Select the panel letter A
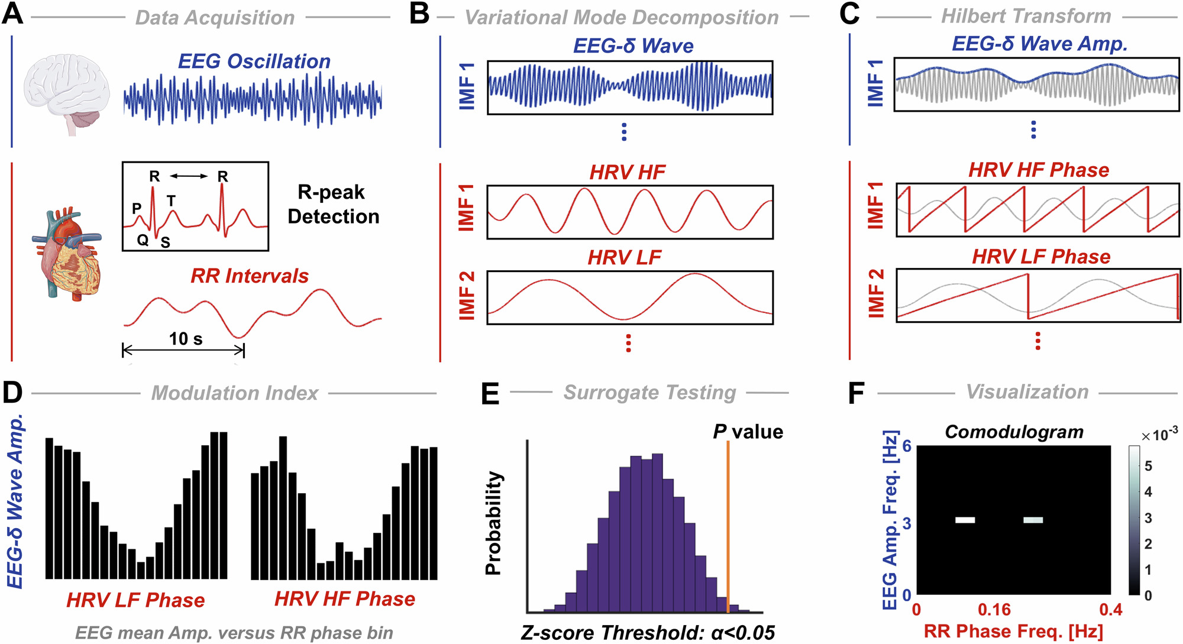point(12,14)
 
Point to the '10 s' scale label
point(185,339)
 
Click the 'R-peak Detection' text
point(333,204)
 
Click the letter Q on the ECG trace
point(143,240)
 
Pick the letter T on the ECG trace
point(171,201)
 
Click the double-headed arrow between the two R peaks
point(189,176)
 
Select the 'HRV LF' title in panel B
point(624,258)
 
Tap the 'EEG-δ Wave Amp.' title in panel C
point(1039,44)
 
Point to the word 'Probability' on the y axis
point(493,523)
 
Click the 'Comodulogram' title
point(1014,432)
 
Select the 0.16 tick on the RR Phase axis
point(994,609)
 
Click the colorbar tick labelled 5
point(1148,466)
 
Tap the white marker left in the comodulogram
point(965,520)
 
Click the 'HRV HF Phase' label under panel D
point(345,599)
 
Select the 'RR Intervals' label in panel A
point(250,276)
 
